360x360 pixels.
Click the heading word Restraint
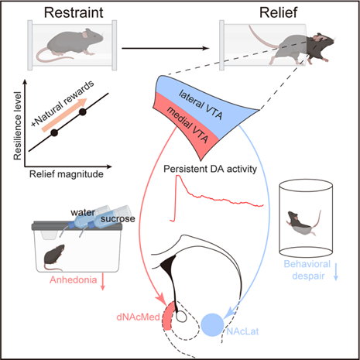click(x=74, y=12)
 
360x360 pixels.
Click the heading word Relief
click(x=278, y=12)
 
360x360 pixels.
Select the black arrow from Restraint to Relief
click(x=165, y=48)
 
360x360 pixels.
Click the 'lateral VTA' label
click(x=201, y=105)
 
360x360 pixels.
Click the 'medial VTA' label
click(x=187, y=125)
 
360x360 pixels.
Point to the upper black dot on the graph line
click(x=83, y=112)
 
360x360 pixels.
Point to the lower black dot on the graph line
click(x=54, y=133)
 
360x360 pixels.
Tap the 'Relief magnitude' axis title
click(x=67, y=174)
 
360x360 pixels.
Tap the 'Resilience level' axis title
click(x=18, y=125)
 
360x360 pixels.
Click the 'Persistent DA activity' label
click(x=211, y=169)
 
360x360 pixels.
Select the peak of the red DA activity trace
click(x=178, y=176)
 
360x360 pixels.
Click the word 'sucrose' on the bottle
click(x=118, y=219)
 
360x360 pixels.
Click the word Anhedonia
click(x=74, y=279)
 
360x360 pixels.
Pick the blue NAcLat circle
click(x=212, y=325)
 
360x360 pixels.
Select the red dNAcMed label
click(x=139, y=317)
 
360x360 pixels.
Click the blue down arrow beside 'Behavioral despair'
click(x=336, y=272)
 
